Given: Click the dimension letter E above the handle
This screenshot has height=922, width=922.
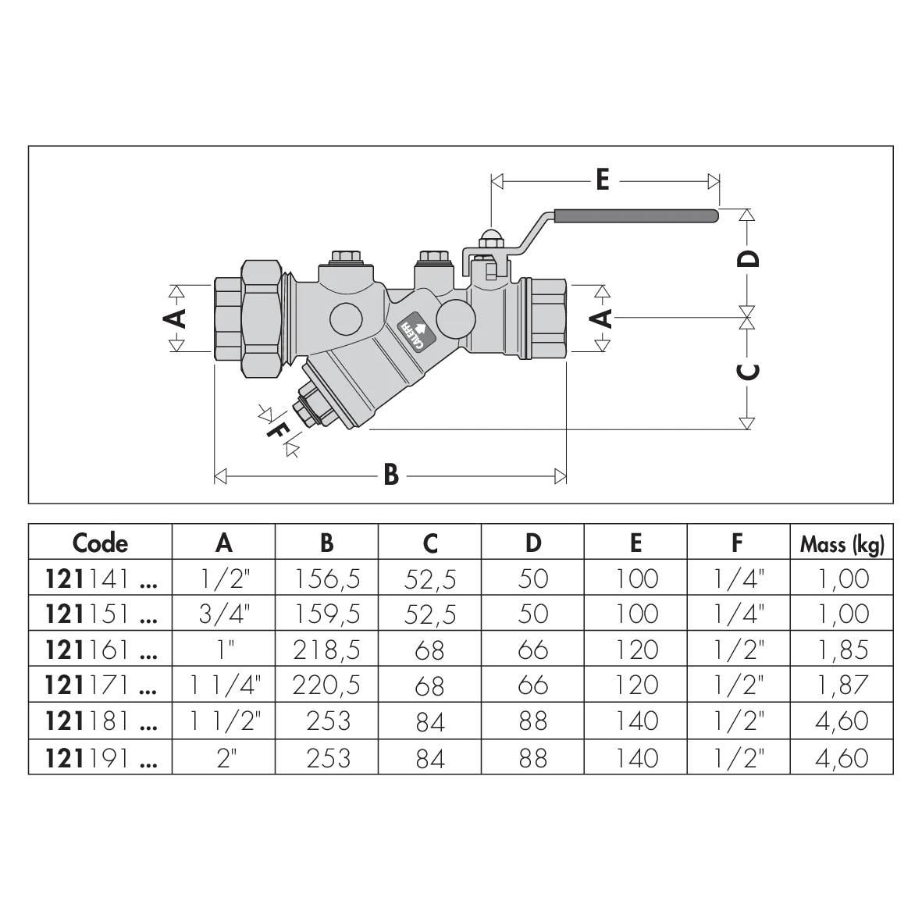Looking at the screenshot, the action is (602, 180).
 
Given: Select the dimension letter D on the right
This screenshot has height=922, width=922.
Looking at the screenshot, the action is (749, 258).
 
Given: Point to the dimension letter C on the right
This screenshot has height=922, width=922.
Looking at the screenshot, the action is (749, 371).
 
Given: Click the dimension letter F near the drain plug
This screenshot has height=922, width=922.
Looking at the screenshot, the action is (277, 430).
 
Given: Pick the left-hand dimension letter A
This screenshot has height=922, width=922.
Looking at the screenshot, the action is (175, 318).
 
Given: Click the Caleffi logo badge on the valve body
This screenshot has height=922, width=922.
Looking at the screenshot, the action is (416, 333).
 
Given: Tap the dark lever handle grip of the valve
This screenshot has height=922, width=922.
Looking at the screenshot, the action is (635, 215).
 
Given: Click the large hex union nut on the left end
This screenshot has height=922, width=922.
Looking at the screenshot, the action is (260, 316).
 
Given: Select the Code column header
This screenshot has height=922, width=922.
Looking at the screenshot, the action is (100, 543).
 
